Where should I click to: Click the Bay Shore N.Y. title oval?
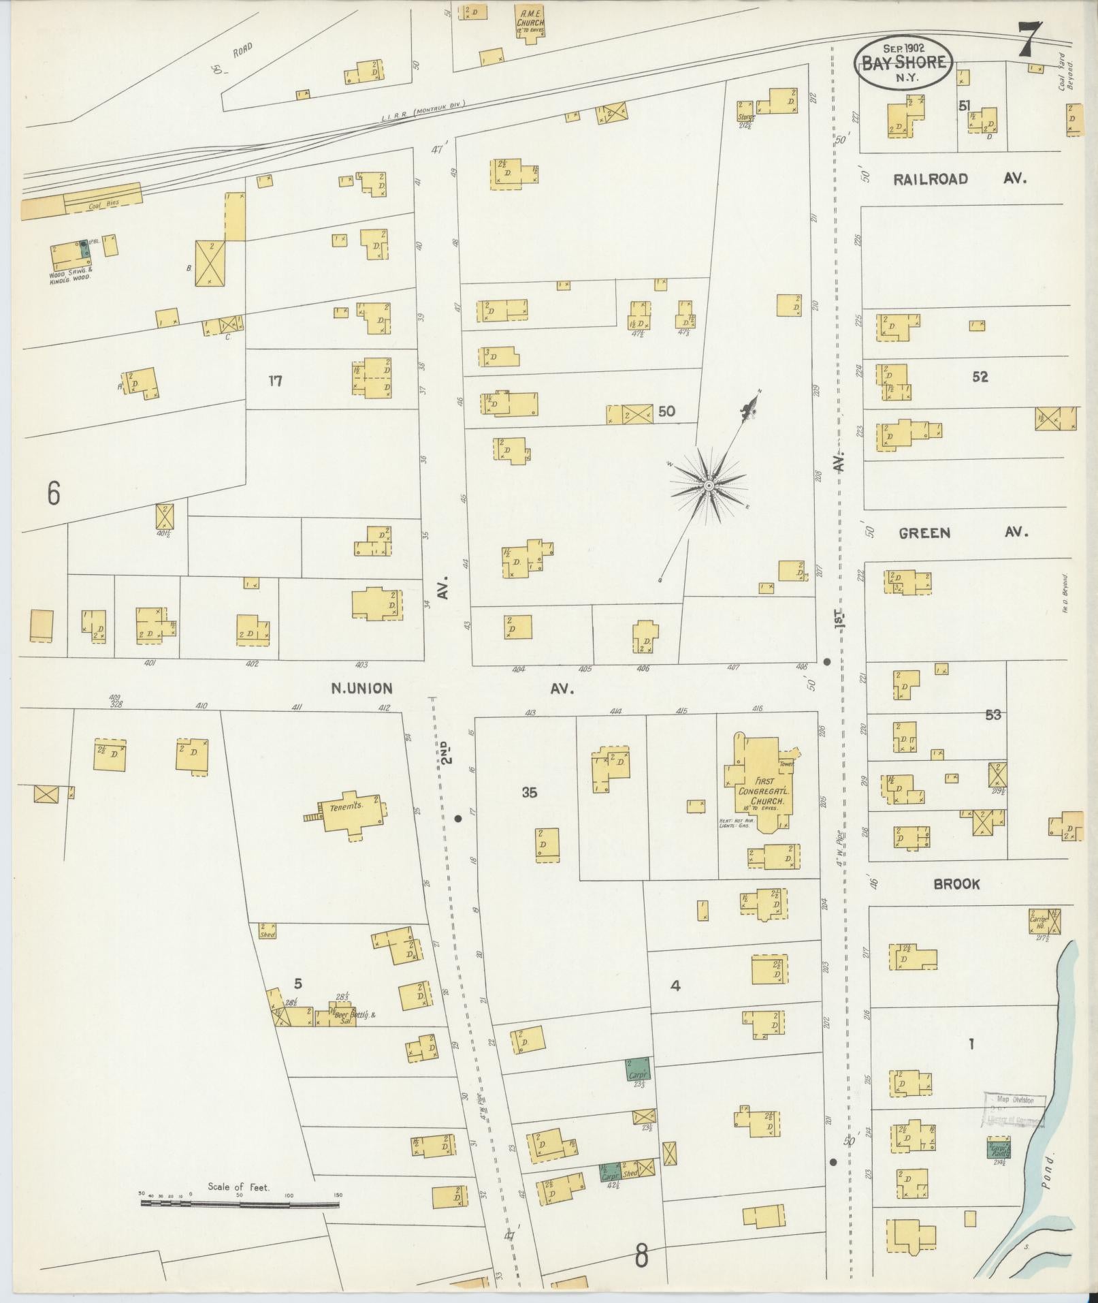[903, 62]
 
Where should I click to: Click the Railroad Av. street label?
[958, 179]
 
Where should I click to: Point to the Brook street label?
[956, 884]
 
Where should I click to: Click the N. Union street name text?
[361, 689]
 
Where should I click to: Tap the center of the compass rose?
[708, 486]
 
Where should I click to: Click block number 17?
[274, 381]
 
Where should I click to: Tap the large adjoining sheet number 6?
[54, 494]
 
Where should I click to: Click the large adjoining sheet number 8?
[641, 1257]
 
